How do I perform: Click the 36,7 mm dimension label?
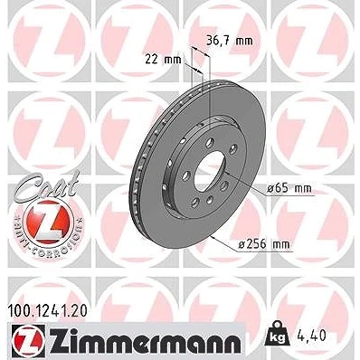[x=230, y=40]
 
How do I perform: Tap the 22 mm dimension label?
[x=163, y=60]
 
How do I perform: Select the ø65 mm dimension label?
[x=289, y=189]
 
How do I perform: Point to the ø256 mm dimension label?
[x=264, y=244]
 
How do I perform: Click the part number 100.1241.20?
[x=47, y=311]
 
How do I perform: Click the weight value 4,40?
[x=311, y=336]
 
